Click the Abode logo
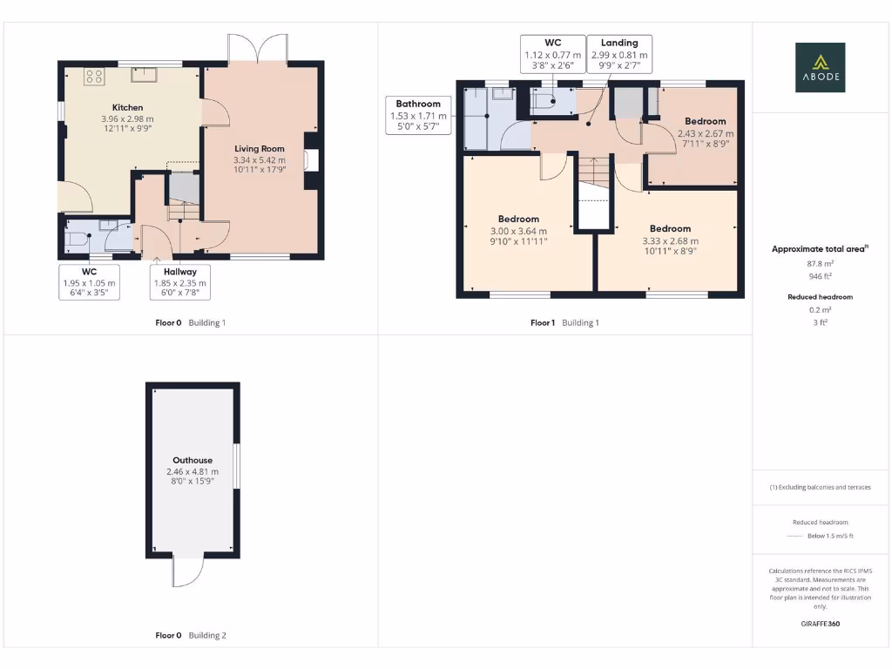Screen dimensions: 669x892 pyautogui.click(x=819, y=68)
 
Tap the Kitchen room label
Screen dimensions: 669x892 pyautogui.click(x=127, y=107)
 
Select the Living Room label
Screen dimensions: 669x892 pyautogui.click(x=259, y=149)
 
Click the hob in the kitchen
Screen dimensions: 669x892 pyautogui.click(x=94, y=77)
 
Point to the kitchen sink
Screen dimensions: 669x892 pyautogui.click(x=143, y=74)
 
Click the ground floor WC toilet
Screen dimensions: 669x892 pyautogui.click(x=78, y=237)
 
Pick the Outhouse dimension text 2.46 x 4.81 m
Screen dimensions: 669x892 pyautogui.click(x=193, y=472)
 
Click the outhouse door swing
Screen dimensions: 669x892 pyautogui.click(x=188, y=572)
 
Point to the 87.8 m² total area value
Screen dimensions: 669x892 pyautogui.click(x=820, y=262)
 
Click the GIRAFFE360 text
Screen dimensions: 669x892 pyautogui.click(x=820, y=624)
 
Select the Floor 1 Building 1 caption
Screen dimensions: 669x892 pyautogui.click(x=564, y=322)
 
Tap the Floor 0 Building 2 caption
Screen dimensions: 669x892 pyautogui.click(x=191, y=635)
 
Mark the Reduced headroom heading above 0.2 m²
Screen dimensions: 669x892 pyautogui.click(x=820, y=297)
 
